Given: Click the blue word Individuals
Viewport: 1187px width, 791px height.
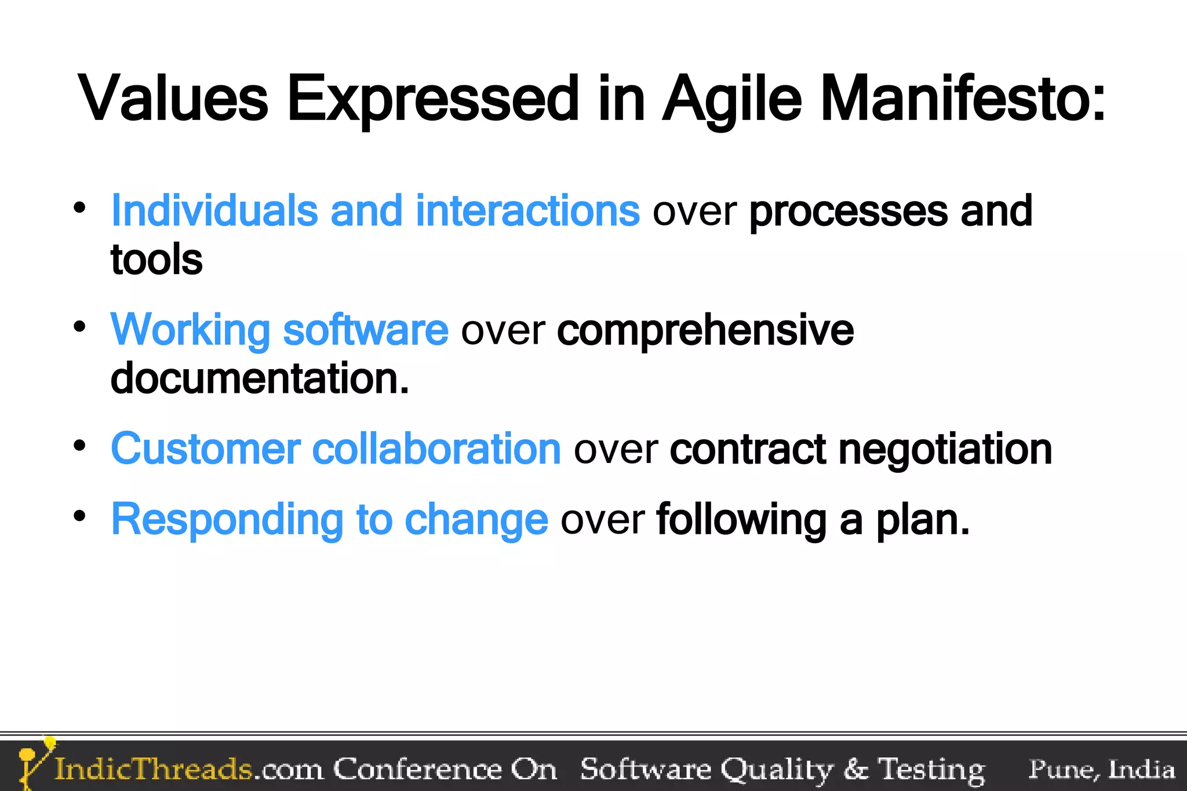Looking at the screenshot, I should (214, 210).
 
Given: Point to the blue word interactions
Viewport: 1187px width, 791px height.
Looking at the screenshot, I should (527, 210).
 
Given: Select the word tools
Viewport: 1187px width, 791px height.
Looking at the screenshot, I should (156, 259).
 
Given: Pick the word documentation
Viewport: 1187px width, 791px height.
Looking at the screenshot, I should (259, 378).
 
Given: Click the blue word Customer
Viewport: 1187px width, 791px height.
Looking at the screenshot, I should (206, 449).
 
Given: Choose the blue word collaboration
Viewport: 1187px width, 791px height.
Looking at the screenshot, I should (436, 449).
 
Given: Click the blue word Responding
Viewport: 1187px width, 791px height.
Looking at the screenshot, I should (227, 520).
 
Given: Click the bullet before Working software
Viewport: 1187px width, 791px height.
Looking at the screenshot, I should (80, 326).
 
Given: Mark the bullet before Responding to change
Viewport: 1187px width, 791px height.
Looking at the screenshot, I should (80, 515).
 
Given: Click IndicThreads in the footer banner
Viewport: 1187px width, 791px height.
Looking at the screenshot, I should (153, 769).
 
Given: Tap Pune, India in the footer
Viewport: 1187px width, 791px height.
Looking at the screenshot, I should (1101, 769).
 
